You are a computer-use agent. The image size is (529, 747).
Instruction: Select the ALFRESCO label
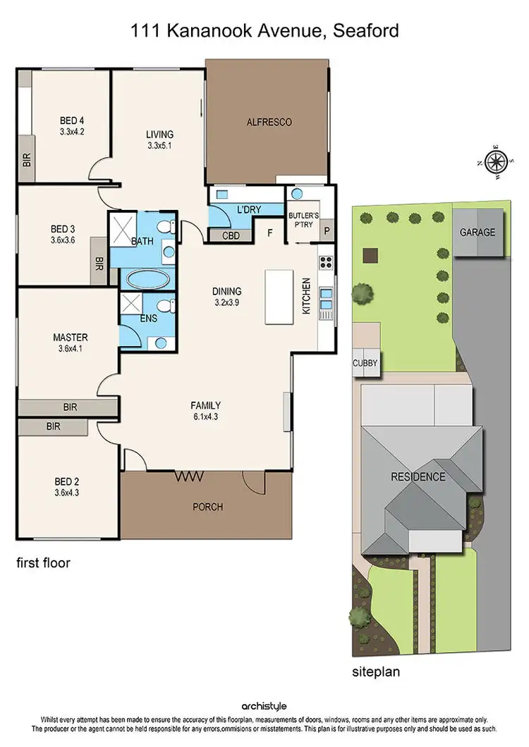[269, 122]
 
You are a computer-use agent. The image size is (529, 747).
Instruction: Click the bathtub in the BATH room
[147, 278]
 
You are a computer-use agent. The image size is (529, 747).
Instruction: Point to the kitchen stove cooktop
[327, 263]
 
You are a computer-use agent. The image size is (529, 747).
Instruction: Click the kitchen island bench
[279, 297]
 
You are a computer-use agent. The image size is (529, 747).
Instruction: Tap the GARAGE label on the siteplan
[478, 232]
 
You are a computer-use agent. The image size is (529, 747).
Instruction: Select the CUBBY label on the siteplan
[365, 364]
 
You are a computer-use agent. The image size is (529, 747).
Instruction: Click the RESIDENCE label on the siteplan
[418, 477]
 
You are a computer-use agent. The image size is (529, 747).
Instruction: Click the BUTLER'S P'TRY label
[303, 220]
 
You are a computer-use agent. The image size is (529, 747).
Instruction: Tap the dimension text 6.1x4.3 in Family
[205, 416]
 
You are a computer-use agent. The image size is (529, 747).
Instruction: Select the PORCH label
[207, 507]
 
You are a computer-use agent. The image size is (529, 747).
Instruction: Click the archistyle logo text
[264, 705]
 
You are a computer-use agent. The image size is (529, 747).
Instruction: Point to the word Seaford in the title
[362, 30]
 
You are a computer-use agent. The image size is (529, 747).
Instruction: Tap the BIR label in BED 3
[97, 265]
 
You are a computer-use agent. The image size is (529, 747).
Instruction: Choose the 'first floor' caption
[44, 563]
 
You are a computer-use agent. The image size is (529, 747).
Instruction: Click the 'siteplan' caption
[376, 672]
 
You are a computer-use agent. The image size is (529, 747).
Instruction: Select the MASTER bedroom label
[71, 337]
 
